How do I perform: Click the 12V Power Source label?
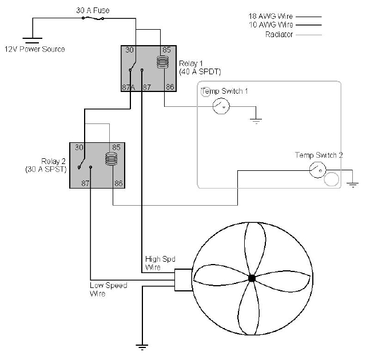pyautogui.click(x=34, y=49)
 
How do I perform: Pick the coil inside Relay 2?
pyautogui.click(x=111, y=159)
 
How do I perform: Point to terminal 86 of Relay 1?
pyautogui.click(x=169, y=87)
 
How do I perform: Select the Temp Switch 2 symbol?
pyautogui.click(x=317, y=169)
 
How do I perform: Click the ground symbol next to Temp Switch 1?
pyautogui.click(x=256, y=120)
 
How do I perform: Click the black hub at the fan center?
pyautogui.click(x=252, y=278)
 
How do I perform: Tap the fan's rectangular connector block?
pyautogui.click(x=183, y=279)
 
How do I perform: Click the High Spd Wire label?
pyautogui.click(x=156, y=263)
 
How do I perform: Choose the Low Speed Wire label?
pyautogui.click(x=108, y=289)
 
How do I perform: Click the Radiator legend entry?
pyautogui.click(x=279, y=34)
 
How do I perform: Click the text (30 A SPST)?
pyautogui.click(x=46, y=169)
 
